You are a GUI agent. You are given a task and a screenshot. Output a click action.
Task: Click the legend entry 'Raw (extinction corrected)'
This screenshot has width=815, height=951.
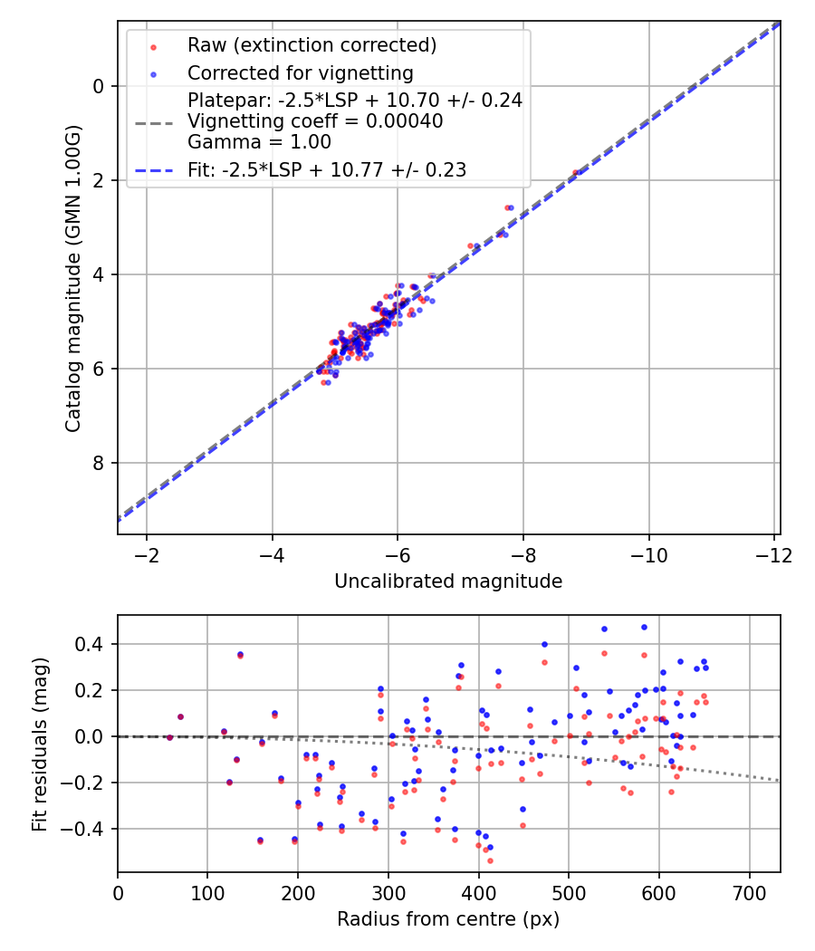coord(312,45)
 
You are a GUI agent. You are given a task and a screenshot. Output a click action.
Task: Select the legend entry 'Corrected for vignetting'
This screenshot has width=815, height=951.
coord(300,73)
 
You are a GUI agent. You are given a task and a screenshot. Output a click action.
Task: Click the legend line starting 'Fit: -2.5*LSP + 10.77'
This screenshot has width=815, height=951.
coord(327,170)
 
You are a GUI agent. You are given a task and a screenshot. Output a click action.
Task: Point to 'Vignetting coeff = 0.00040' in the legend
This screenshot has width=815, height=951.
coord(315,121)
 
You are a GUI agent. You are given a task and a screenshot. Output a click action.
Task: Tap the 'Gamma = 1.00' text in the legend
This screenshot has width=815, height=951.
coord(259,142)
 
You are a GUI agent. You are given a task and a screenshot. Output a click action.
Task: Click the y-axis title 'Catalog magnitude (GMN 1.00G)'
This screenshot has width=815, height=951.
coord(73,277)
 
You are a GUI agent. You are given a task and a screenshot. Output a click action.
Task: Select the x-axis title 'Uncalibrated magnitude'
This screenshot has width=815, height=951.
coord(448,581)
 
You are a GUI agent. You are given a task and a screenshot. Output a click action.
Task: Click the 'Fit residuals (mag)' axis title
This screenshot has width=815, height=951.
coord(39,744)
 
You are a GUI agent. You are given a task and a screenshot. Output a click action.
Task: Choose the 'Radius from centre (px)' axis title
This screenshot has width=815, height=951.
coord(448,919)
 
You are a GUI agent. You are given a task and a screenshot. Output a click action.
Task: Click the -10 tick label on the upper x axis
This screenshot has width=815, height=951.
coord(648,554)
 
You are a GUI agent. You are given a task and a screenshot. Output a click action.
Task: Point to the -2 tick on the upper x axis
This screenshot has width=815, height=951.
coord(147,554)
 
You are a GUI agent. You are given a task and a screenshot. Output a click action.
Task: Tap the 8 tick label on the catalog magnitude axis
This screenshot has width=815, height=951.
coord(99,463)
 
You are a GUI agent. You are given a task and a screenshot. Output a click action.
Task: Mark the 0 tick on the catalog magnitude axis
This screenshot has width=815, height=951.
coord(99,86)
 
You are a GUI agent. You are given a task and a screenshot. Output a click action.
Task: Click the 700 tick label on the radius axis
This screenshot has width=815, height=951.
coord(749,893)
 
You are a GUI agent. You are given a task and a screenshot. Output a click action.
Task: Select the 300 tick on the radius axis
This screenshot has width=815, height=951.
coord(388,893)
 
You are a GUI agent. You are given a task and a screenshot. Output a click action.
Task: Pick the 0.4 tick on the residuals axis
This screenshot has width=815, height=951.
coord(91,644)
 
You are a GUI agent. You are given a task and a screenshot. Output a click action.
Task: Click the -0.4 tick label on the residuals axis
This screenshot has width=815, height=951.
coord(86,829)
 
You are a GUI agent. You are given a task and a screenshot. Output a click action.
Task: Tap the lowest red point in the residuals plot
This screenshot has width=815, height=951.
coord(490,860)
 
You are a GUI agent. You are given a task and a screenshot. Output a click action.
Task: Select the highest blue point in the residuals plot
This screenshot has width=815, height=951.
coord(644,627)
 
